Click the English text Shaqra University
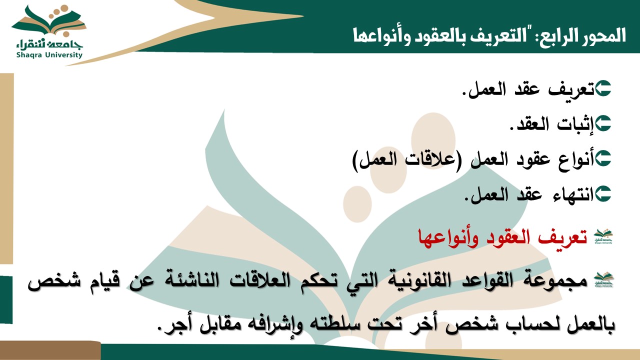coord(49,55)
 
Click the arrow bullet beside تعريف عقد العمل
coord(603,88)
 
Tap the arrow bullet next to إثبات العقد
coord(603,123)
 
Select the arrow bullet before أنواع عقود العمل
coord(603,158)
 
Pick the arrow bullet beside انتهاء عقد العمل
coord(603,193)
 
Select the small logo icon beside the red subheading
coord(603,236)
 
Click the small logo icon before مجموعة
coord(603,280)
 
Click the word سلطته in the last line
coord(335,325)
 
